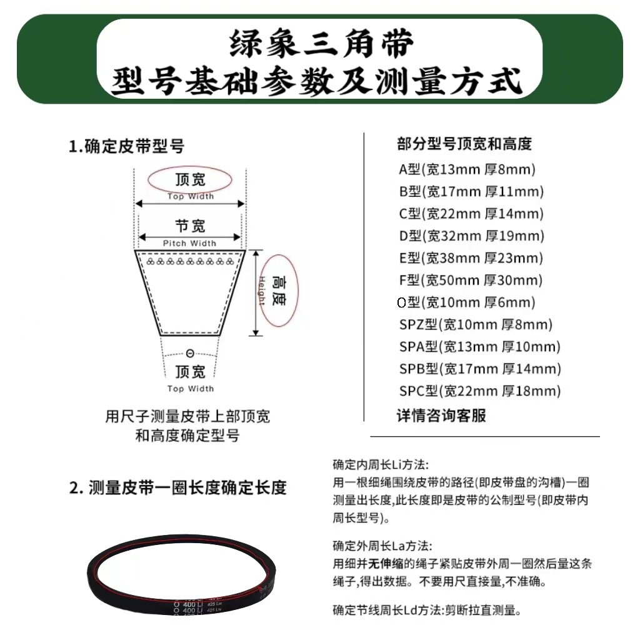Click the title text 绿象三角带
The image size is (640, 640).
coord(320,45)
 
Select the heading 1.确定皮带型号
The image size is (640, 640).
coord(127,147)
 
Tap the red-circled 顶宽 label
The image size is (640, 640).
coord(190,180)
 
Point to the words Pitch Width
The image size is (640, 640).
coord(189,243)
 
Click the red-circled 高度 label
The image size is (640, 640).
coord(279,291)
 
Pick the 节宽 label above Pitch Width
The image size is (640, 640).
coord(190,226)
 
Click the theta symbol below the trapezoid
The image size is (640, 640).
coord(190,354)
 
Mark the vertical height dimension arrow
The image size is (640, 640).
coord(256,292)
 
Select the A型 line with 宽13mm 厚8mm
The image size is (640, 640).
coord(467,169)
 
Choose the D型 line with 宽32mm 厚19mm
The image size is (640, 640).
coord(471,236)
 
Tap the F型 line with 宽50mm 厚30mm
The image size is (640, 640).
coord(471,281)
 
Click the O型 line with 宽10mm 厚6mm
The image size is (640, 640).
coord(466,303)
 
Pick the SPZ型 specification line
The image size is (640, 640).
coord(476,325)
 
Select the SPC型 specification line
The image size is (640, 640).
coord(479,392)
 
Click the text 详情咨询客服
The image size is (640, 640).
coord(441,416)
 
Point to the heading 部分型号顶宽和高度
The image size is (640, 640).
coord(464,144)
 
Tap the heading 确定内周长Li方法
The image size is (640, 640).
coord(381,465)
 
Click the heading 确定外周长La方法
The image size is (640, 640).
coord(382,546)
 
